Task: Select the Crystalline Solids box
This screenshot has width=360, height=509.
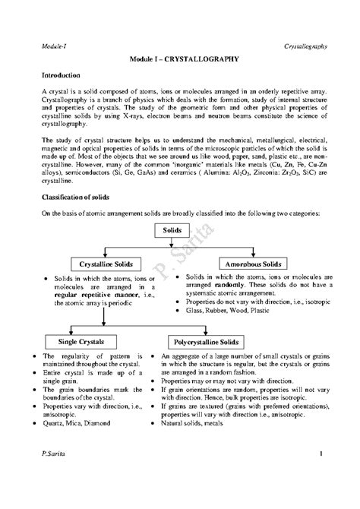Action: [102, 264]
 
